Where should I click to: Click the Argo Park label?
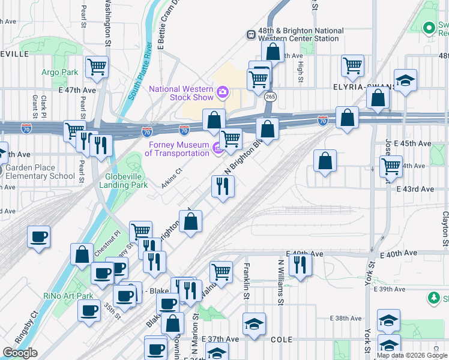click(60, 72)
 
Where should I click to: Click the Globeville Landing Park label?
click(118, 181)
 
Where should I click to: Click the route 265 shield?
click(270, 97)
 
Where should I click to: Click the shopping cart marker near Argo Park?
click(97, 67)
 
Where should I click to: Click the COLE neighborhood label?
click(281, 340)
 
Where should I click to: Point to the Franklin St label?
click(246, 279)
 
